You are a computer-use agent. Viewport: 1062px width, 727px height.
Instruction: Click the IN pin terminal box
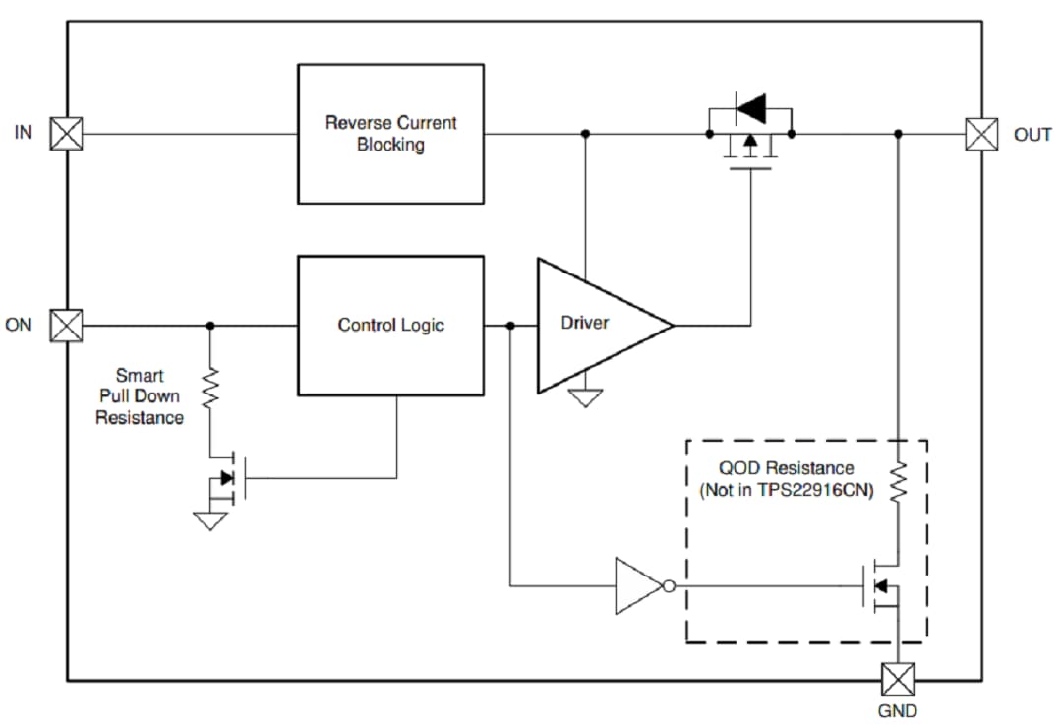[67, 133]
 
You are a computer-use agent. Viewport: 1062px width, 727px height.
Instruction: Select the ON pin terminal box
[67, 325]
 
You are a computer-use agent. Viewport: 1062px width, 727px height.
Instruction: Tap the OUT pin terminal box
[980, 134]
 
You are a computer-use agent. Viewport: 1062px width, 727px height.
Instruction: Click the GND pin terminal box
[897, 679]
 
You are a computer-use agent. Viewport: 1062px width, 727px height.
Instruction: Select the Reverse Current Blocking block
[390, 134]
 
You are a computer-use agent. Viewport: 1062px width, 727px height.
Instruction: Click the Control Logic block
[390, 325]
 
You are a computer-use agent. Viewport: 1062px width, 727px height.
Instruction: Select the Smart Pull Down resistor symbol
[209, 389]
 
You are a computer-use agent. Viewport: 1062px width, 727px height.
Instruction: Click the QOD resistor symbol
[897, 482]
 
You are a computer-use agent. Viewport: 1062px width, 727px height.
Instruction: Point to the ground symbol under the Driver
[586, 398]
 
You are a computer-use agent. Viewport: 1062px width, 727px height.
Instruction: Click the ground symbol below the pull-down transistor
[209, 520]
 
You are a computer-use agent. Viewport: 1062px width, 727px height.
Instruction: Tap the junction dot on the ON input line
[209, 325]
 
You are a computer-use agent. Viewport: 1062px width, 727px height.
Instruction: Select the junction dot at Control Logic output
[509, 325]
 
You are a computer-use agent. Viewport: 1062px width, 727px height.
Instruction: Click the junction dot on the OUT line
[897, 133]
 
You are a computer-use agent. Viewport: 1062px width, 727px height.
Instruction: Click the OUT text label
[1032, 135]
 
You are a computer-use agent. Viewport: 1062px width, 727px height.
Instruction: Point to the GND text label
[897, 710]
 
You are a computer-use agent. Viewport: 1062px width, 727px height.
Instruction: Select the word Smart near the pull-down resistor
[140, 375]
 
